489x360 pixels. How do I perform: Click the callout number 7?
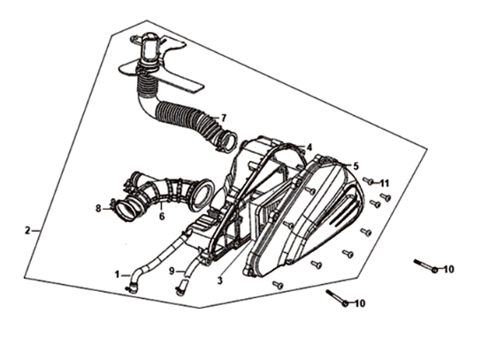pos(223,119)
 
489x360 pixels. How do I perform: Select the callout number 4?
pos(309,147)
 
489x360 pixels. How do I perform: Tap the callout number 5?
pos(355,166)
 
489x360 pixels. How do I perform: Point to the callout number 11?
pos(385,183)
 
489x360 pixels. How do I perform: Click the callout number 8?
pos(98,209)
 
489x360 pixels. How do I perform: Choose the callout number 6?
pos(162,216)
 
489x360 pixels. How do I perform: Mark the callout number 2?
pos(27,231)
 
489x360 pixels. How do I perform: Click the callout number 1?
pos(117,274)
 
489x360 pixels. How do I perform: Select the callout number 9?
pos(172,272)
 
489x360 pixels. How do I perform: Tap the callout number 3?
pos(220,280)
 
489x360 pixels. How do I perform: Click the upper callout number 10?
pos(448,269)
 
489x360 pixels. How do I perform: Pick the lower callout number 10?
pos(360,303)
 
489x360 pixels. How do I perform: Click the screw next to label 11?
pos(369,180)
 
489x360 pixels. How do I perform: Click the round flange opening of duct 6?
pos(203,195)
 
